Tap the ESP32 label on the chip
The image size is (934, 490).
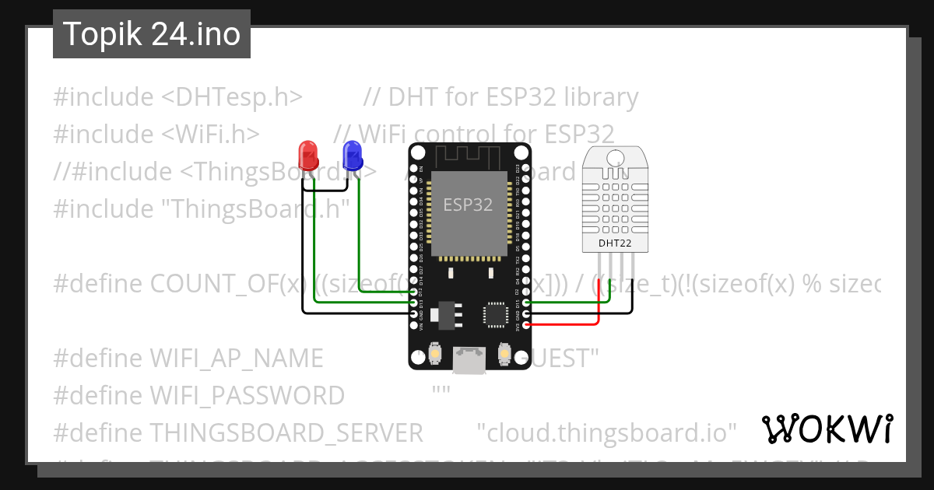pos(468,205)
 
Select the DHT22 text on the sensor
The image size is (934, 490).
pos(615,244)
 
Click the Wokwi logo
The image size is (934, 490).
pos(827,429)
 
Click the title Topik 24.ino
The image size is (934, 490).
pos(152,34)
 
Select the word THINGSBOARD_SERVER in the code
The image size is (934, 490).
pos(286,432)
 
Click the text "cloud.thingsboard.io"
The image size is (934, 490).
pos(606,432)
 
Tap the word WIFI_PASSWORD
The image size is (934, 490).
pos(247,395)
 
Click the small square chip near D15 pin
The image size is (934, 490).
pos(496,313)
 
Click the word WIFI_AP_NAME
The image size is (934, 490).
pos(236,358)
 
